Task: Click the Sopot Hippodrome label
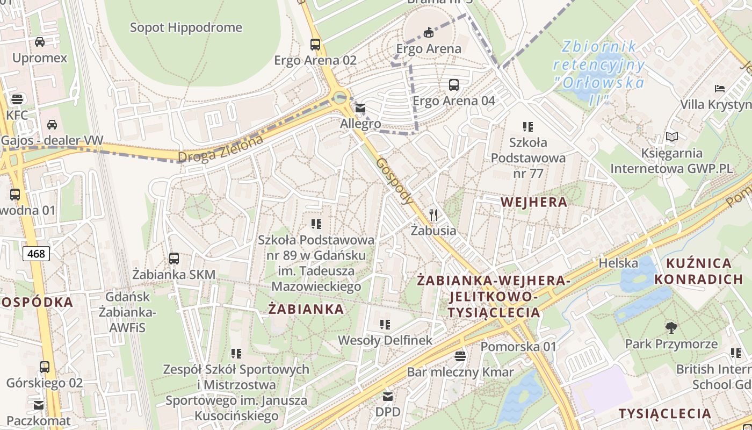(x=186, y=27)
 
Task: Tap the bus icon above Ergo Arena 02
(x=315, y=45)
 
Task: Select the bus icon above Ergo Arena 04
(x=454, y=85)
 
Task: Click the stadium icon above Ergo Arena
(x=428, y=33)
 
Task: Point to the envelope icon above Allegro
(x=360, y=108)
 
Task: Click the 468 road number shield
(x=36, y=253)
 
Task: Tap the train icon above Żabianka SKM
(x=174, y=259)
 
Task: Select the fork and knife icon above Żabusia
(x=433, y=215)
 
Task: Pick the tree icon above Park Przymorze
(x=671, y=327)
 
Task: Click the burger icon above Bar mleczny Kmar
(x=460, y=356)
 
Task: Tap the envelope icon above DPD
(x=388, y=397)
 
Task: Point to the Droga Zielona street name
(x=221, y=149)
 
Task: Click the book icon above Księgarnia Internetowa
(x=671, y=137)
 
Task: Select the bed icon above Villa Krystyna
(x=720, y=88)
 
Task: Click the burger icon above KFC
(x=17, y=99)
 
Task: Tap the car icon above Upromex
(x=40, y=42)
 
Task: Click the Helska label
(x=618, y=263)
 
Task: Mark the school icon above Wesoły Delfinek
(x=385, y=324)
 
